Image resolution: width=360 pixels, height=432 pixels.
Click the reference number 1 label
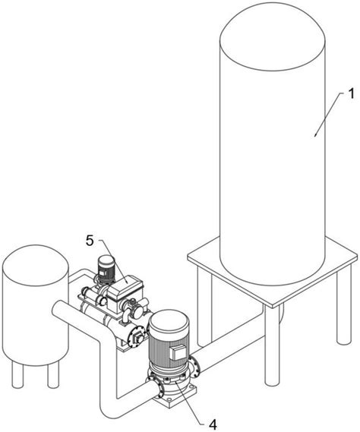(x=350, y=94)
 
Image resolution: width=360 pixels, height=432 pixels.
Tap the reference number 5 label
(x=90, y=241)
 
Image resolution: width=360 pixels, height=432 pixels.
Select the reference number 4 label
(x=213, y=425)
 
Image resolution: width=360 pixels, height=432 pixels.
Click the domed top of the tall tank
(x=273, y=36)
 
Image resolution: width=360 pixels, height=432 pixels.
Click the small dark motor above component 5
(x=106, y=270)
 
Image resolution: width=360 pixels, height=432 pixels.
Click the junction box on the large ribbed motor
(x=178, y=352)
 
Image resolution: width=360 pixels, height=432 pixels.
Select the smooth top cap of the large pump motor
(x=169, y=323)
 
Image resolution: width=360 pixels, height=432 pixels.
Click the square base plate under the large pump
(x=176, y=394)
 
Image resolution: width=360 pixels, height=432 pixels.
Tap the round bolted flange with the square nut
(x=136, y=337)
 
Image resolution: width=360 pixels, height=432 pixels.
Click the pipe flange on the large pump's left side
(x=160, y=388)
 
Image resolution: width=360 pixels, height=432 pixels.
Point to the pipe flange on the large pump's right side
(x=195, y=367)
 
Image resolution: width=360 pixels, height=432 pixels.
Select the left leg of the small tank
(x=17, y=375)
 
